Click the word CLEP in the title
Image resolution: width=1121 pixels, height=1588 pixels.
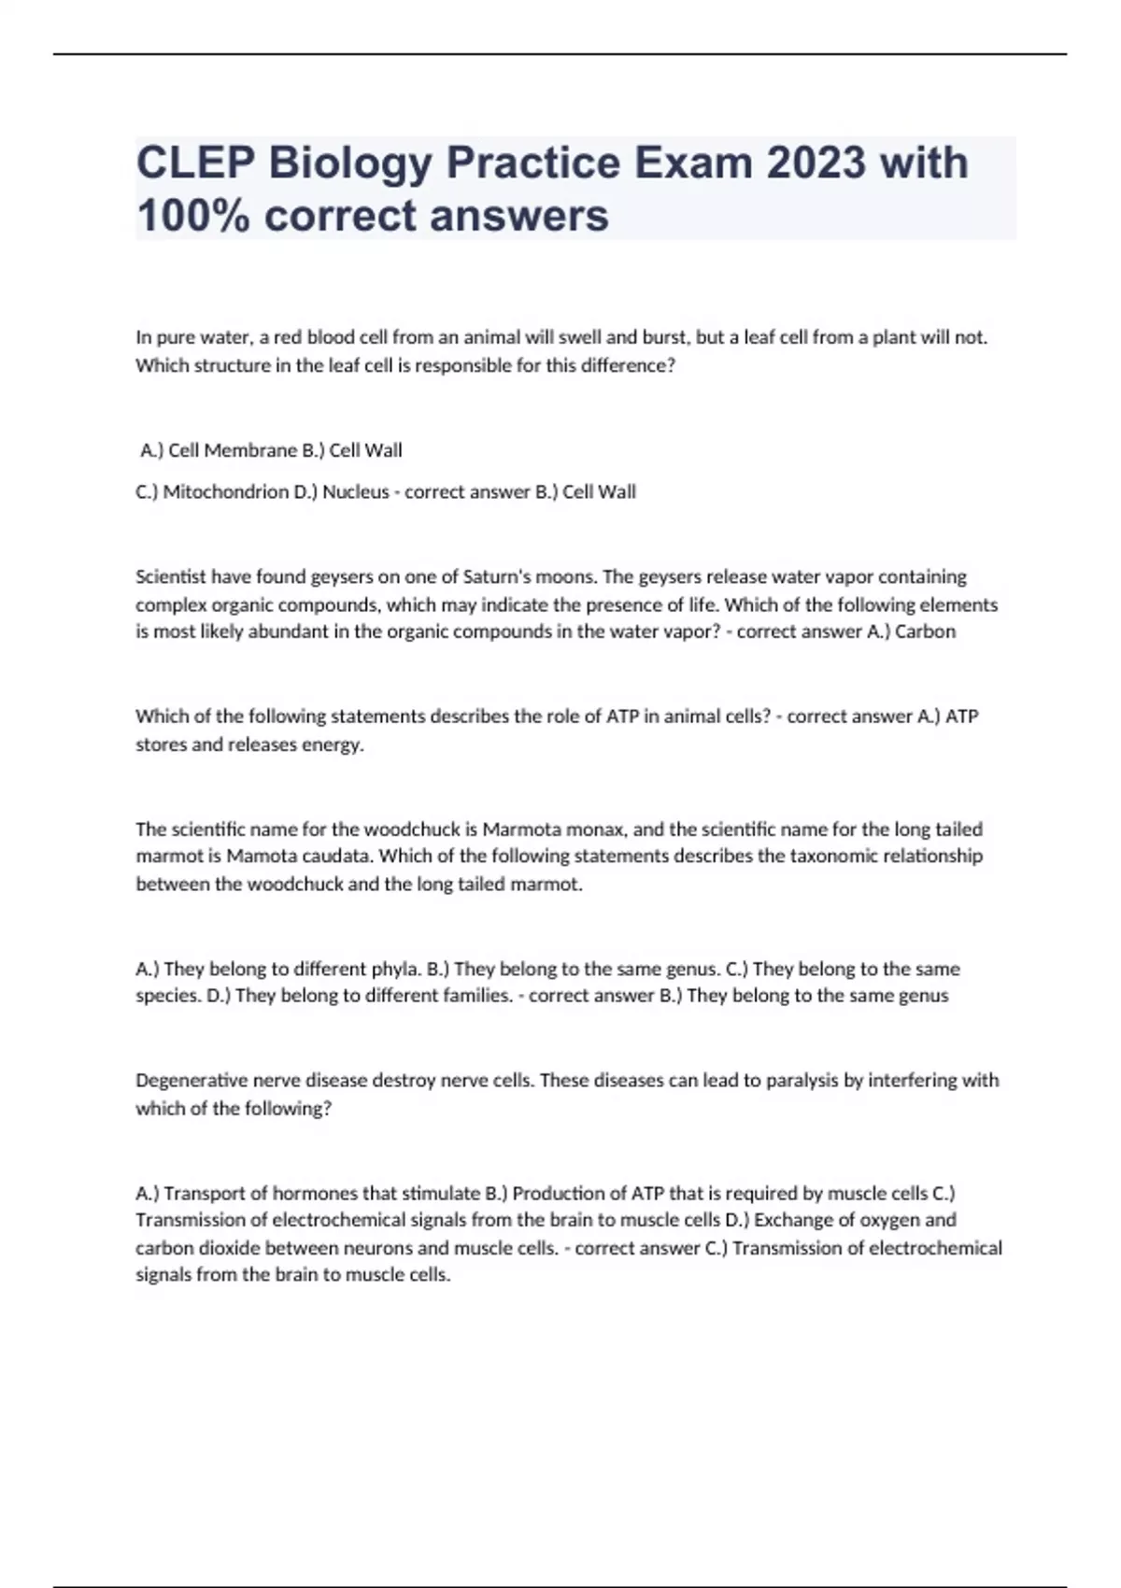195,163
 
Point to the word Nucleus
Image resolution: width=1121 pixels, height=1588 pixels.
356,492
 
